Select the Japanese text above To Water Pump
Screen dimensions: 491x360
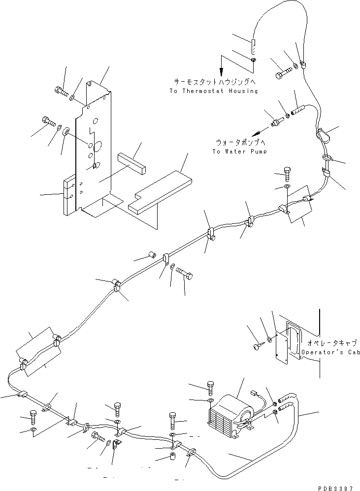point(240,142)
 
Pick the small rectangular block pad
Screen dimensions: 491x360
point(132,162)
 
